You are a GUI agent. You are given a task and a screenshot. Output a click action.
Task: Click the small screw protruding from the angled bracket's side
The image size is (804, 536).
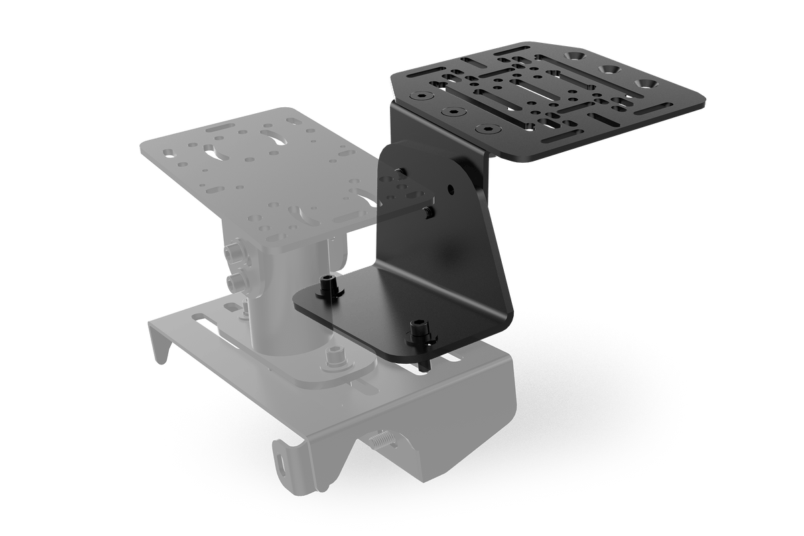426,212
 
